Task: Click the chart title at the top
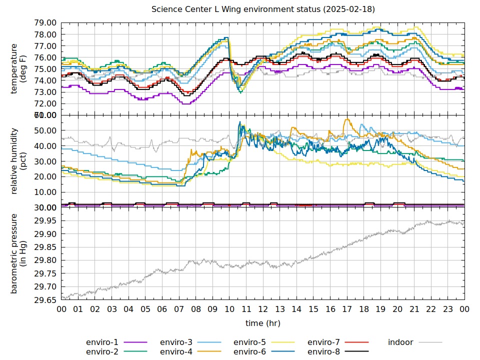click(x=263, y=9)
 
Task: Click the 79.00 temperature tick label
click(x=45, y=23)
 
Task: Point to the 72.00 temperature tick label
click(x=45, y=104)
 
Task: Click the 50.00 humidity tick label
click(x=45, y=130)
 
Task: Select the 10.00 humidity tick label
click(x=45, y=192)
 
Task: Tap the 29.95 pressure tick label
click(x=45, y=221)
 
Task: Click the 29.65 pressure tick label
click(x=45, y=300)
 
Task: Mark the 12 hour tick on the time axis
click(x=263, y=309)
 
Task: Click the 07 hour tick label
click(x=179, y=309)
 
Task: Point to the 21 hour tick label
click(x=414, y=309)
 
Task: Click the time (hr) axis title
click(x=263, y=323)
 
